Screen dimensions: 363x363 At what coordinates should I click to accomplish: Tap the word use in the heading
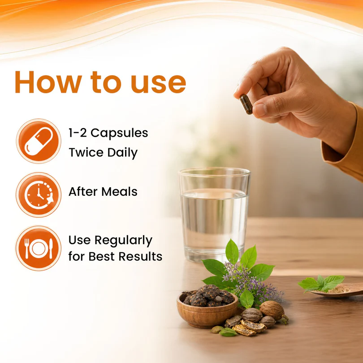pos(158,85)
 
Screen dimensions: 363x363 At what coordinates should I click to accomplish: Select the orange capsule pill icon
pos(39,141)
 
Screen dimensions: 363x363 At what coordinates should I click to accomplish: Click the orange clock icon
pos(39,194)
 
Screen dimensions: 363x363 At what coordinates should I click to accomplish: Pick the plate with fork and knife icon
pos(39,248)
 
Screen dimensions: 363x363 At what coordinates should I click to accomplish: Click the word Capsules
pos(119,134)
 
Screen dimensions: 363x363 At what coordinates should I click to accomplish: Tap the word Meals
pos(119,192)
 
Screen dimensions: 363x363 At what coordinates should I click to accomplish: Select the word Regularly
pos(123,241)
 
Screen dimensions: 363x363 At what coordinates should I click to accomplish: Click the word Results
pos(141,256)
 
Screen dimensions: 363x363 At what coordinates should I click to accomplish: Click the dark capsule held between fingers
pos(246,104)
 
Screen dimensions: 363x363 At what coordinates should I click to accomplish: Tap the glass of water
pos(214,215)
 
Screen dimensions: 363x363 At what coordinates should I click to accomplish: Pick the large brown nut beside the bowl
pos(272,310)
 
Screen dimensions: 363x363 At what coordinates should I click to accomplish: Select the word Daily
pos(122,153)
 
